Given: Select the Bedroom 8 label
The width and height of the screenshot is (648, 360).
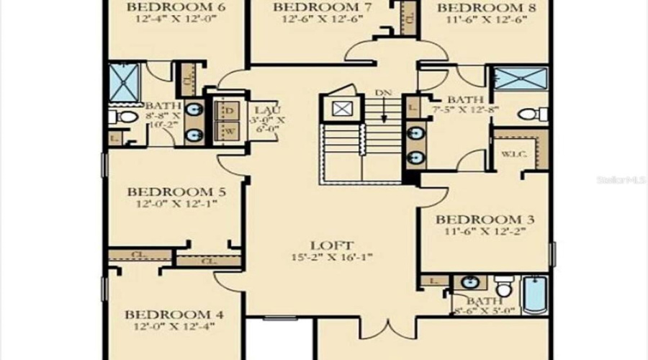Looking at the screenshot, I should pyautogui.click(x=477, y=8).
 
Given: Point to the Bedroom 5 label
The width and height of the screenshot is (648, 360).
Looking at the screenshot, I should pyautogui.click(x=176, y=192).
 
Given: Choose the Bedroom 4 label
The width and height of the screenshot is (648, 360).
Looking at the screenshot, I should pyautogui.click(x=174, y=315).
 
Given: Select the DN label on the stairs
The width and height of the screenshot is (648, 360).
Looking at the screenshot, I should pyautogui.click(x=384, y=93).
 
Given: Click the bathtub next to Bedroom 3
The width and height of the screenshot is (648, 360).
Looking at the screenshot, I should pyautogui.click(x=535, y=295).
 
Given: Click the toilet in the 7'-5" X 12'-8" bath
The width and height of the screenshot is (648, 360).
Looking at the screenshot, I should pyautogui.click(x=534, y=114).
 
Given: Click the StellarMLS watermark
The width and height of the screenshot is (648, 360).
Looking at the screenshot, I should pyautogui.click(x=621, y=178).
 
